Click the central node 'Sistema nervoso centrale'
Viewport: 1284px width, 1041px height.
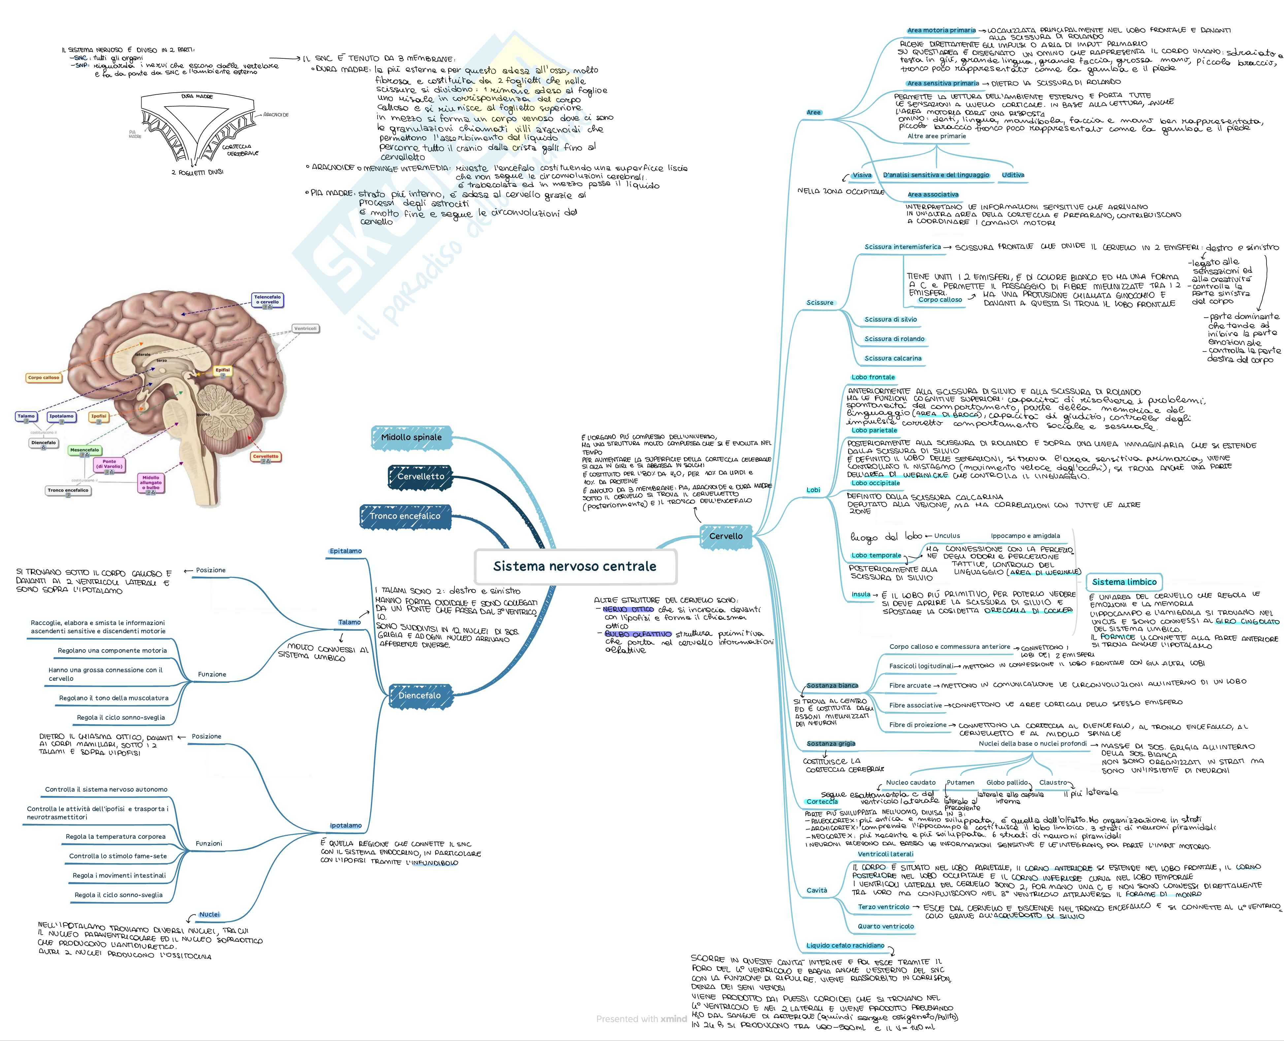pyautogui.click(x=575, y=566)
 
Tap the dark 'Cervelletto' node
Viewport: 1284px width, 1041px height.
pyautogui.click(x=421, y=476)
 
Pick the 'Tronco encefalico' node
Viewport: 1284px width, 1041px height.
pyautogui.click(x=405, y=516)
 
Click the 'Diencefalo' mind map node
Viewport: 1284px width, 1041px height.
pyautogui.click(x=419, y=696)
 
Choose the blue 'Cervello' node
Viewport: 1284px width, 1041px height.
pyautogui.click(x=726, y=536)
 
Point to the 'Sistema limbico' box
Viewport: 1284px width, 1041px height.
pyautogui.click(x=1124, y=582)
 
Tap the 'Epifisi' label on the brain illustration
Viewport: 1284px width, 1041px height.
pyautogui.click(x=223, y=371)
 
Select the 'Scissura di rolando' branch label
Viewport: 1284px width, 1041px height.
pyautogui.click(x=894, y=339)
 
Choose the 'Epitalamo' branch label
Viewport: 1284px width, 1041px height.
pyautogui.click(x=346, y=551)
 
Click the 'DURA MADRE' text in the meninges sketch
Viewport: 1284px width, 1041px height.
pyautogui.click(x=197, y=96)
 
